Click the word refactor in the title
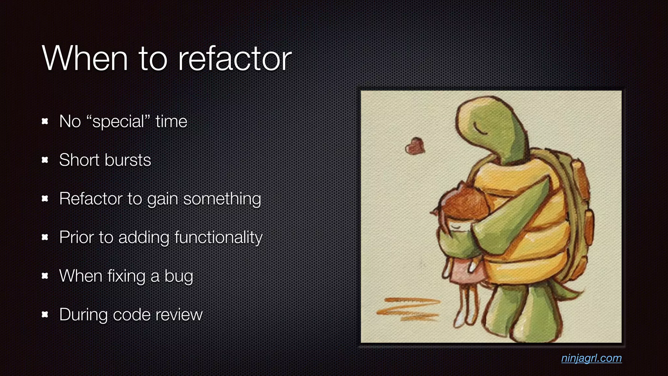click(x=235, y=59)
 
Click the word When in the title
click(x=85, y=59)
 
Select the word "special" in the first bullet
click(x=118, y=122)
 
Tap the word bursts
click(x=128, y=160)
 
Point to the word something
click(x=222, y=199)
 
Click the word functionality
click(x=218, y=237)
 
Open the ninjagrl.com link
click(x=591, y=358)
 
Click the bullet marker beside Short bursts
click(x=45, y=160)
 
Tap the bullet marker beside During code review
click(x=45, y=315)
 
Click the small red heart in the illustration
click(x=415, y=146)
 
